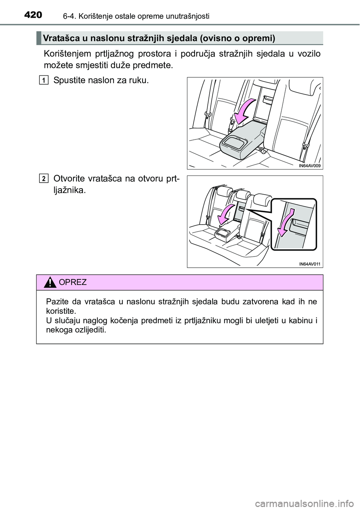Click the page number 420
click(x=33, y=15)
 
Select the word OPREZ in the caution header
click(x=73, y=282)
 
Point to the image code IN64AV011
click(x=310, y=264)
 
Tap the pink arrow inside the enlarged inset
click(x=285, y=223)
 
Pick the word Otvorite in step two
click(x=69, y=179)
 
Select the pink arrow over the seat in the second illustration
click(x=226, y=214)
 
